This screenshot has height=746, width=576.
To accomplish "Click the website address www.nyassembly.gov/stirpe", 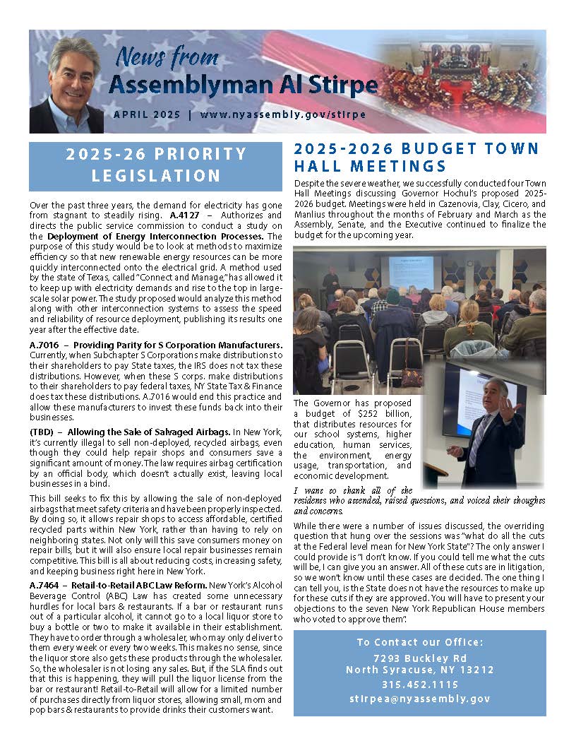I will [x=282, y=114].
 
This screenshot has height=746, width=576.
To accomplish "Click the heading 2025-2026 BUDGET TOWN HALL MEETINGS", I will [x=416, y=157].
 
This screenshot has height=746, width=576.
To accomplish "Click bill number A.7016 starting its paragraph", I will [x=44, y=345].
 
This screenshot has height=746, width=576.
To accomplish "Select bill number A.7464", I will [x=44, y=586].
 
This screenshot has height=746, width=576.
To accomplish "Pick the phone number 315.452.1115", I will [x=420, y=684].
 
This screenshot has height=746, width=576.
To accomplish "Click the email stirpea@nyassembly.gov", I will [x=420, y=698].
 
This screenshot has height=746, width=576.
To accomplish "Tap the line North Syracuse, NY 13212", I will [x=420, y=670].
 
